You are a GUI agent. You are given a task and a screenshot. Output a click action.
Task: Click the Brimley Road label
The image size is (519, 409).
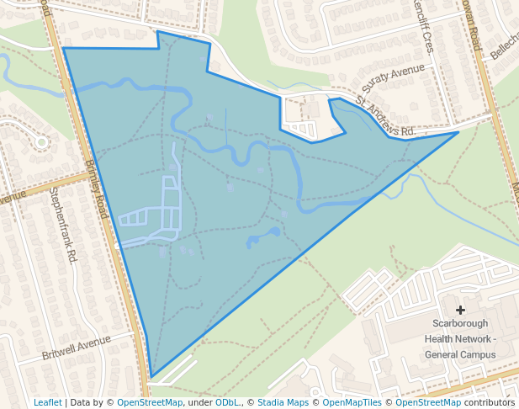tap(98, 189)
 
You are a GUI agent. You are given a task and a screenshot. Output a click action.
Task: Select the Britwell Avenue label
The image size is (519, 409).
tap(77, 347)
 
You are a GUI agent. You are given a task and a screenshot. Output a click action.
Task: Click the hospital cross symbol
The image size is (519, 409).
tap(460, 311)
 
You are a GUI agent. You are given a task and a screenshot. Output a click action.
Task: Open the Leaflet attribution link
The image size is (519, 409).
tap(47, 402)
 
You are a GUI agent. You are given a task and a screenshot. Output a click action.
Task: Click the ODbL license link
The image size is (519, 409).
tap(227, 402)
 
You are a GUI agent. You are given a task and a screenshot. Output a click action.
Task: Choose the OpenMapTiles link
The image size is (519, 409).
tap(352, 402)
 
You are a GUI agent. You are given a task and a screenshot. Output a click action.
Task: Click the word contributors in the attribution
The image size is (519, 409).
tap(490, 402)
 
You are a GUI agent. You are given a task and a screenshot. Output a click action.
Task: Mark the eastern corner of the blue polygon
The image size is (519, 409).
tap(458, 132)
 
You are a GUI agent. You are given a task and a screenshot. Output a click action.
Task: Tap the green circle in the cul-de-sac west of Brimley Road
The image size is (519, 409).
tap(41, 141)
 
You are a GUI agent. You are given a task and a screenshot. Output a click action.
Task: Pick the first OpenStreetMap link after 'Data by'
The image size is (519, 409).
tap(149, 402)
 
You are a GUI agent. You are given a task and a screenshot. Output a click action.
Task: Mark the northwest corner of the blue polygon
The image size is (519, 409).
tap(64, 48)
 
